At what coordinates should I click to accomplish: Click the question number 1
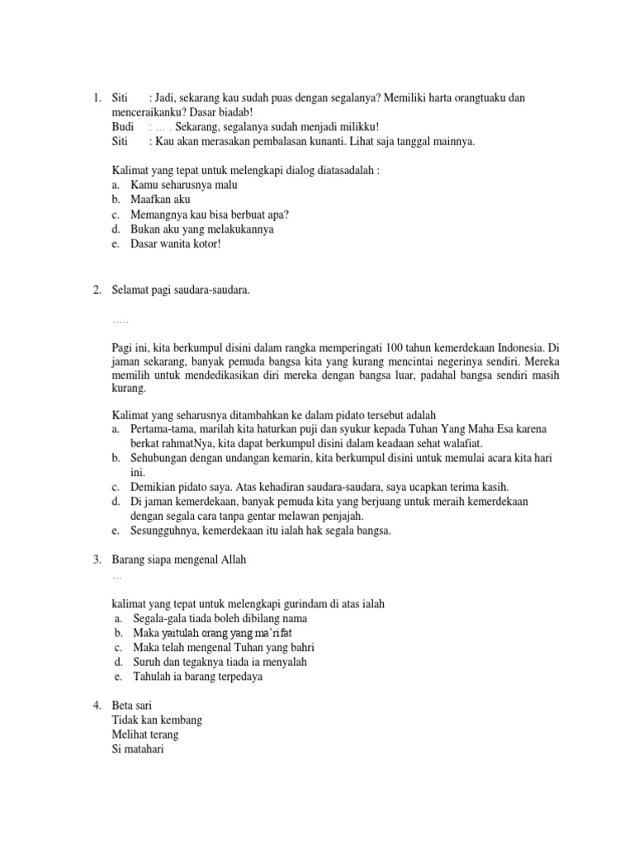97,98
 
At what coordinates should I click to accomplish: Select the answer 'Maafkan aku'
160,201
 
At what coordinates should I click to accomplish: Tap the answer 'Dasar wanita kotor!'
176,243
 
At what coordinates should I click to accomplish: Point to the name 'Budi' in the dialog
122,126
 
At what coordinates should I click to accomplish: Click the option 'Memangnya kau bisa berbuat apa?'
210,215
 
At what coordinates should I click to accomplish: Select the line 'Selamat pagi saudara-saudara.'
180,290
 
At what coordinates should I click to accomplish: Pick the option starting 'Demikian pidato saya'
319,487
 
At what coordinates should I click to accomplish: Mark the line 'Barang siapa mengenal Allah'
178,560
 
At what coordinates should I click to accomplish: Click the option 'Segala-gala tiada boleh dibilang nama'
219,618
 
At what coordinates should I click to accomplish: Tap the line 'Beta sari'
132,706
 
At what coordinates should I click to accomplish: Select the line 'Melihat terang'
144,734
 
